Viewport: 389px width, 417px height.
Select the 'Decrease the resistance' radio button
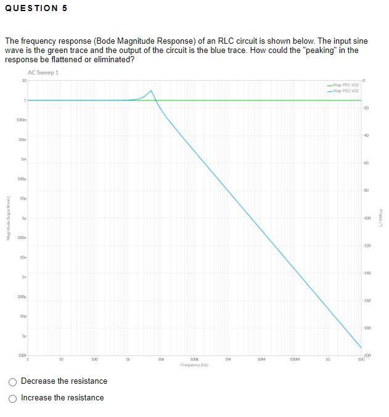click(13, 381)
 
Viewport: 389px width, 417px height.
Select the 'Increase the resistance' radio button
click(13, 398)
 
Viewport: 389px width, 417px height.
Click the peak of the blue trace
click(150, 91)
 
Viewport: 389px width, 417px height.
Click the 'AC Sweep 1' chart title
click(43, 73)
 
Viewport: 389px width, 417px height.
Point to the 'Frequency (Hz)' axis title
click(194, 365)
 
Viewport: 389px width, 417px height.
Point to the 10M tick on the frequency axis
click(261, 358)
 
